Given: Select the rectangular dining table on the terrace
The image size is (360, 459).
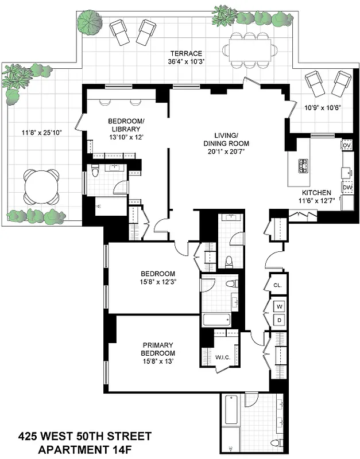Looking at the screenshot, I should tap(249, 50).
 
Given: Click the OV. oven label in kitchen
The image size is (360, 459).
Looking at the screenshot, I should tap(346, 146).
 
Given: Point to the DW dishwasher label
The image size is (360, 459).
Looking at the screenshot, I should tap(347, 187).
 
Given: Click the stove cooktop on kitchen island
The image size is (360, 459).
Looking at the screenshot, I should tap(302, 166).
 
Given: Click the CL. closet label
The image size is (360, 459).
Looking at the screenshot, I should tap(277, 285).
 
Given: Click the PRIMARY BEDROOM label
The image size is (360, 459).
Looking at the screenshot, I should tap(159, 349).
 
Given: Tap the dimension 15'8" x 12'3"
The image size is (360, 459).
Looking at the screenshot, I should tap(159, 282).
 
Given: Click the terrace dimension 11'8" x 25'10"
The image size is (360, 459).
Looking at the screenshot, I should tap(42, 133).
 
